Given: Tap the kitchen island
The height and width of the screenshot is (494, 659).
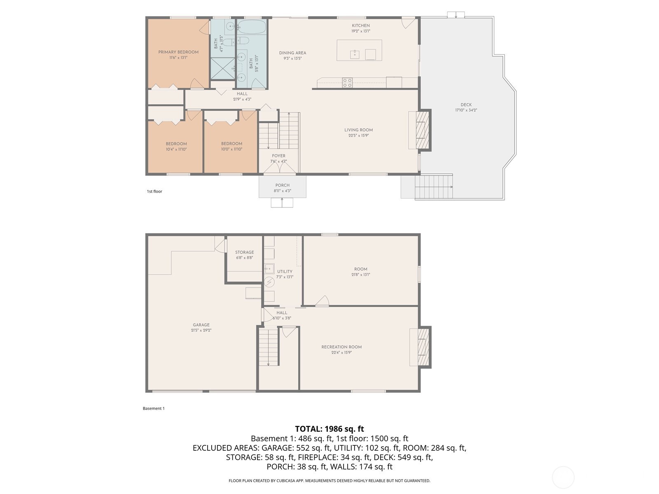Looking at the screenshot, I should [359, 50].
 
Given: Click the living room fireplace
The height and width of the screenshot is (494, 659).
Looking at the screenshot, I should [422, 130].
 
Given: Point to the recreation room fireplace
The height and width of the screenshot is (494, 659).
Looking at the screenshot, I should [423, 347].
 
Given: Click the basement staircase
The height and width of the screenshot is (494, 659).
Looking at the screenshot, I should [269, 346].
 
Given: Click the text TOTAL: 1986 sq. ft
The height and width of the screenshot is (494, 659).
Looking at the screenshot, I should [329, 429].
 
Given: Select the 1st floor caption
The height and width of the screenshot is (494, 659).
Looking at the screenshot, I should [154, 191].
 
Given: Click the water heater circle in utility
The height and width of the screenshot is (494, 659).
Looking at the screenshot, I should [269, 282].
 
